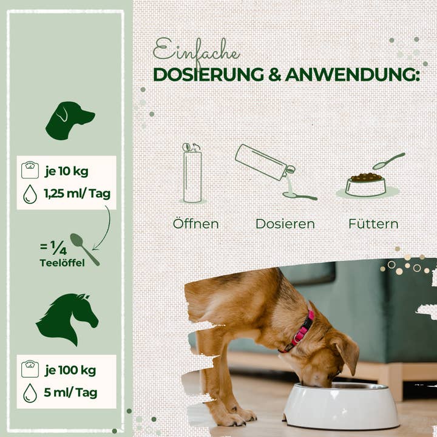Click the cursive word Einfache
195,50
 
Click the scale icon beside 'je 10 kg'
30,171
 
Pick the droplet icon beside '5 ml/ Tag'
30,393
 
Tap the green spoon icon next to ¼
84,248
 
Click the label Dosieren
285,224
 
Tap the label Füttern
373,224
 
